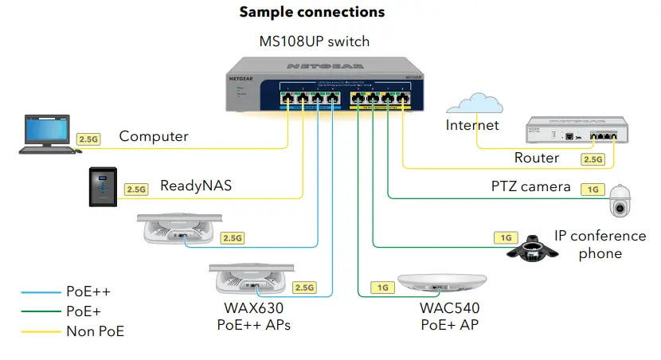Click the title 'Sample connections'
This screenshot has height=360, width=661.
tap(312, 12)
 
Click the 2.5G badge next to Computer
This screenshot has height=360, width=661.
tap(88, 139)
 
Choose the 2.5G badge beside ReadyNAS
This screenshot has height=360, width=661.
tap(136, 190)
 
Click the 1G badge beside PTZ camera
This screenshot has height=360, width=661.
tap(592, 189)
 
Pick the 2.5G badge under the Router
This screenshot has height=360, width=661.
tap(593, 159)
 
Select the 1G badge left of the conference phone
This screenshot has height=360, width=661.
tap(505, 237)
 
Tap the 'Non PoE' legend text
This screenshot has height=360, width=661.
tap(95, 331)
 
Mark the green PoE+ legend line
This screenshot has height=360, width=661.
tap(39, 312)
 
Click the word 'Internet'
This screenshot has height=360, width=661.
tap(472, 125)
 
